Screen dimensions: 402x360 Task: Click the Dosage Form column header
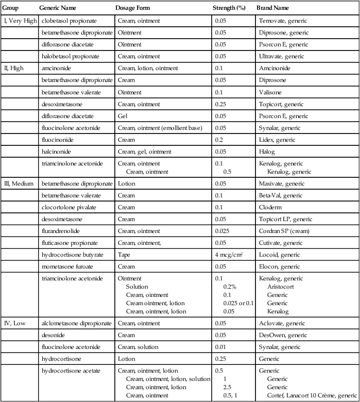133,9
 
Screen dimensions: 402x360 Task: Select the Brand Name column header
272,9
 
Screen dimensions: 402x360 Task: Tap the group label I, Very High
20,21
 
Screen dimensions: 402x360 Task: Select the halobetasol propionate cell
71,56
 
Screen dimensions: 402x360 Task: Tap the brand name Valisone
271,91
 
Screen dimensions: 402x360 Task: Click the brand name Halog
266,151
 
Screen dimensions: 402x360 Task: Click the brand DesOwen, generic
281,335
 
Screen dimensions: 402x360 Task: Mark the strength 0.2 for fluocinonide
219,140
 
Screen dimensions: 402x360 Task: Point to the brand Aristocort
281,286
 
